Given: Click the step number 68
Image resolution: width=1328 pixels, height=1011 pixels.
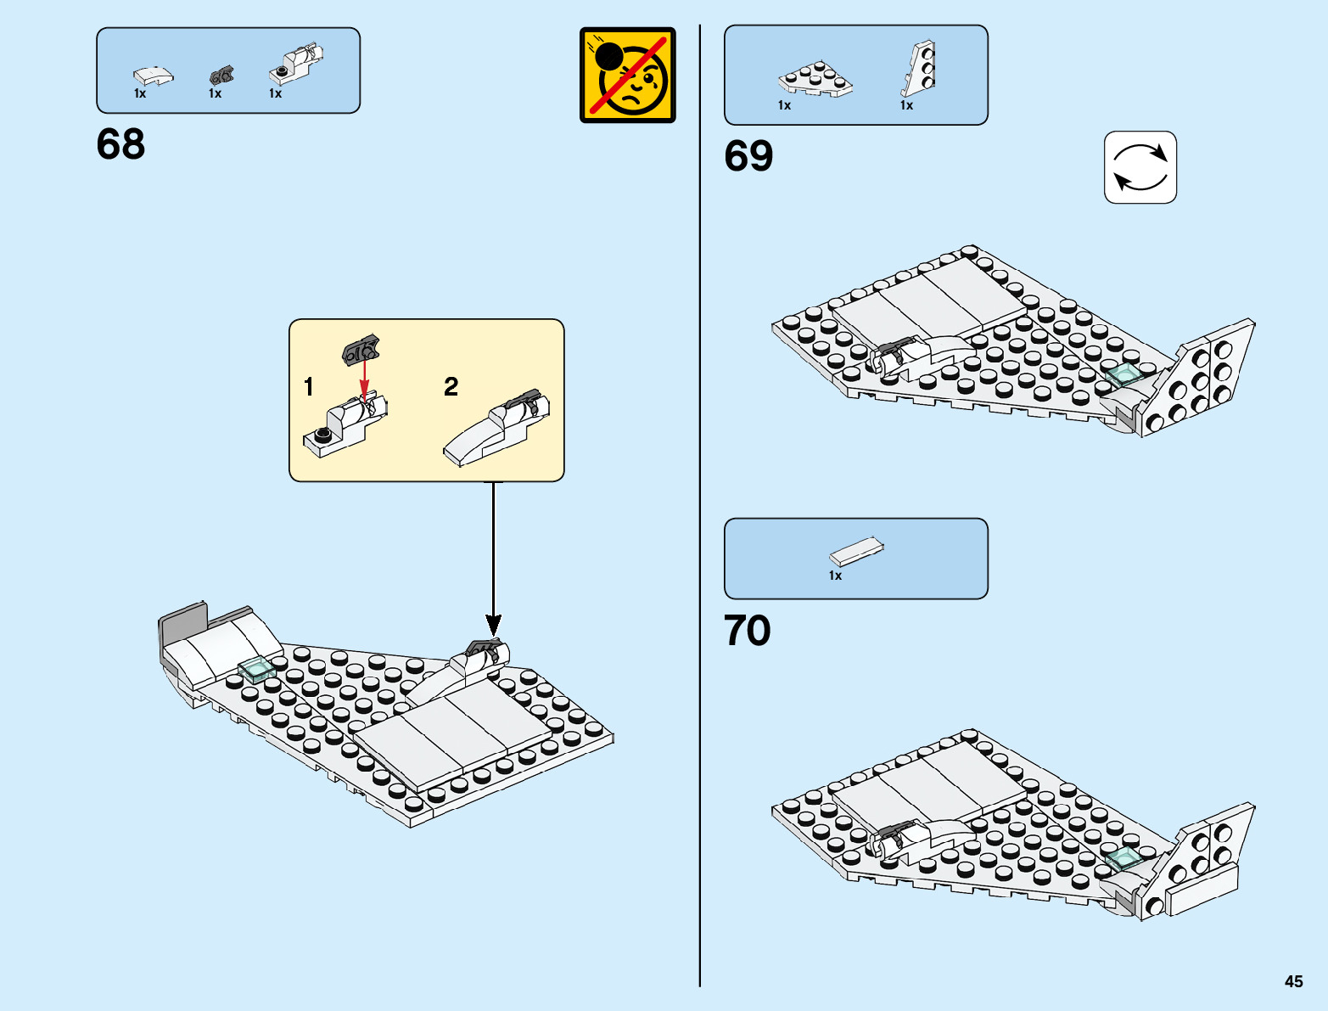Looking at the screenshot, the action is point(120,144).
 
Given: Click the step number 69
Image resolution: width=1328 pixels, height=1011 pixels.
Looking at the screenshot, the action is point(748,156).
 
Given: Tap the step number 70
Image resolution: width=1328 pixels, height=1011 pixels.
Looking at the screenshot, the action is point(748,631).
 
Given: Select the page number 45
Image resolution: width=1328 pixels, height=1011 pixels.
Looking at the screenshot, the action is point(1293,981).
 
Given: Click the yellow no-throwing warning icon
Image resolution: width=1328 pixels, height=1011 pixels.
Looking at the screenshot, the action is point(627,76).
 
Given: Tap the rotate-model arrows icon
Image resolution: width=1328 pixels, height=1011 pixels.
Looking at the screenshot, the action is point(1140,167).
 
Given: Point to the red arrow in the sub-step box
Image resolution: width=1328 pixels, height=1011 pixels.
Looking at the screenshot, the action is point(365,379).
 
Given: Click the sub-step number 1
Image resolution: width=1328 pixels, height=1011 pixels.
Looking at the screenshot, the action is point(309,387).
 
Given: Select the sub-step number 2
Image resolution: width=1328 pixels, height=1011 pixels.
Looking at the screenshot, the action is point(451,387).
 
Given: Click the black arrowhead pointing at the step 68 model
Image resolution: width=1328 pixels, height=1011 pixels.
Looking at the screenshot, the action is point(493,626).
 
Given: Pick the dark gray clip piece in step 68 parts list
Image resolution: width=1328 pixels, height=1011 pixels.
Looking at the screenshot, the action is point(221,76).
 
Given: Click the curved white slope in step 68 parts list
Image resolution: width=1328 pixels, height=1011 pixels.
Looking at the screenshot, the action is point(153,76).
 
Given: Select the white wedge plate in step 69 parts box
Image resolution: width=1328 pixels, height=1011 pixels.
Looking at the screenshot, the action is point(815,78).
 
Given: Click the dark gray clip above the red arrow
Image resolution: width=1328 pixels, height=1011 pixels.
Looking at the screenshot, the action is point(361,349).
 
